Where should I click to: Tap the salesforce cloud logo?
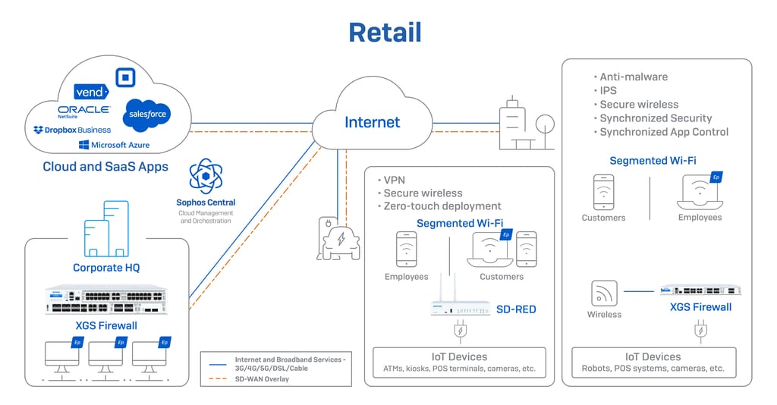coord(146,114)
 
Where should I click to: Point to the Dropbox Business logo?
coord(72,130)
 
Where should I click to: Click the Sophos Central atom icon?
coord(206,177)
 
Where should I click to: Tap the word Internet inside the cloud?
coord(372,122)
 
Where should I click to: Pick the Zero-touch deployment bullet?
coord(442,206)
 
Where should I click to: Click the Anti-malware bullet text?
coord(634,77)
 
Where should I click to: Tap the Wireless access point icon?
coord(604,293)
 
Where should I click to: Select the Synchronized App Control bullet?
coord(664,131)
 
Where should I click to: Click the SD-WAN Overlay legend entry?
coord(262,378)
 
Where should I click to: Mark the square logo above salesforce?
coord(125,77)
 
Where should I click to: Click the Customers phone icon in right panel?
coord(604,192)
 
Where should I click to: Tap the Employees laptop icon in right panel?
coord(698,193)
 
